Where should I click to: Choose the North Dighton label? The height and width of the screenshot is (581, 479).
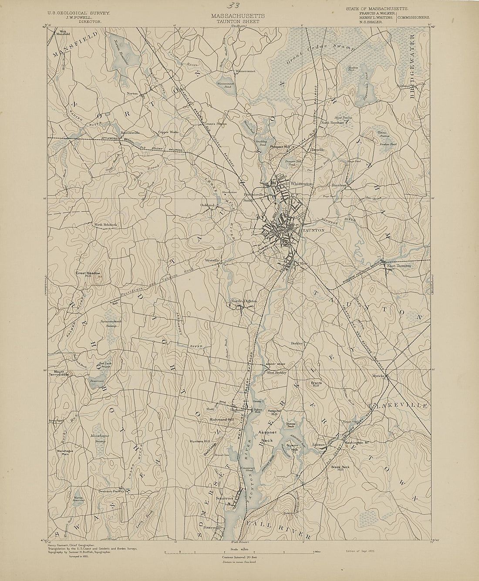coord(244,301)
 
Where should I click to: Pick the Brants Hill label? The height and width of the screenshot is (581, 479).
coord(316,384)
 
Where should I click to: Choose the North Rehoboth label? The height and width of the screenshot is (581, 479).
coord(106,225)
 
